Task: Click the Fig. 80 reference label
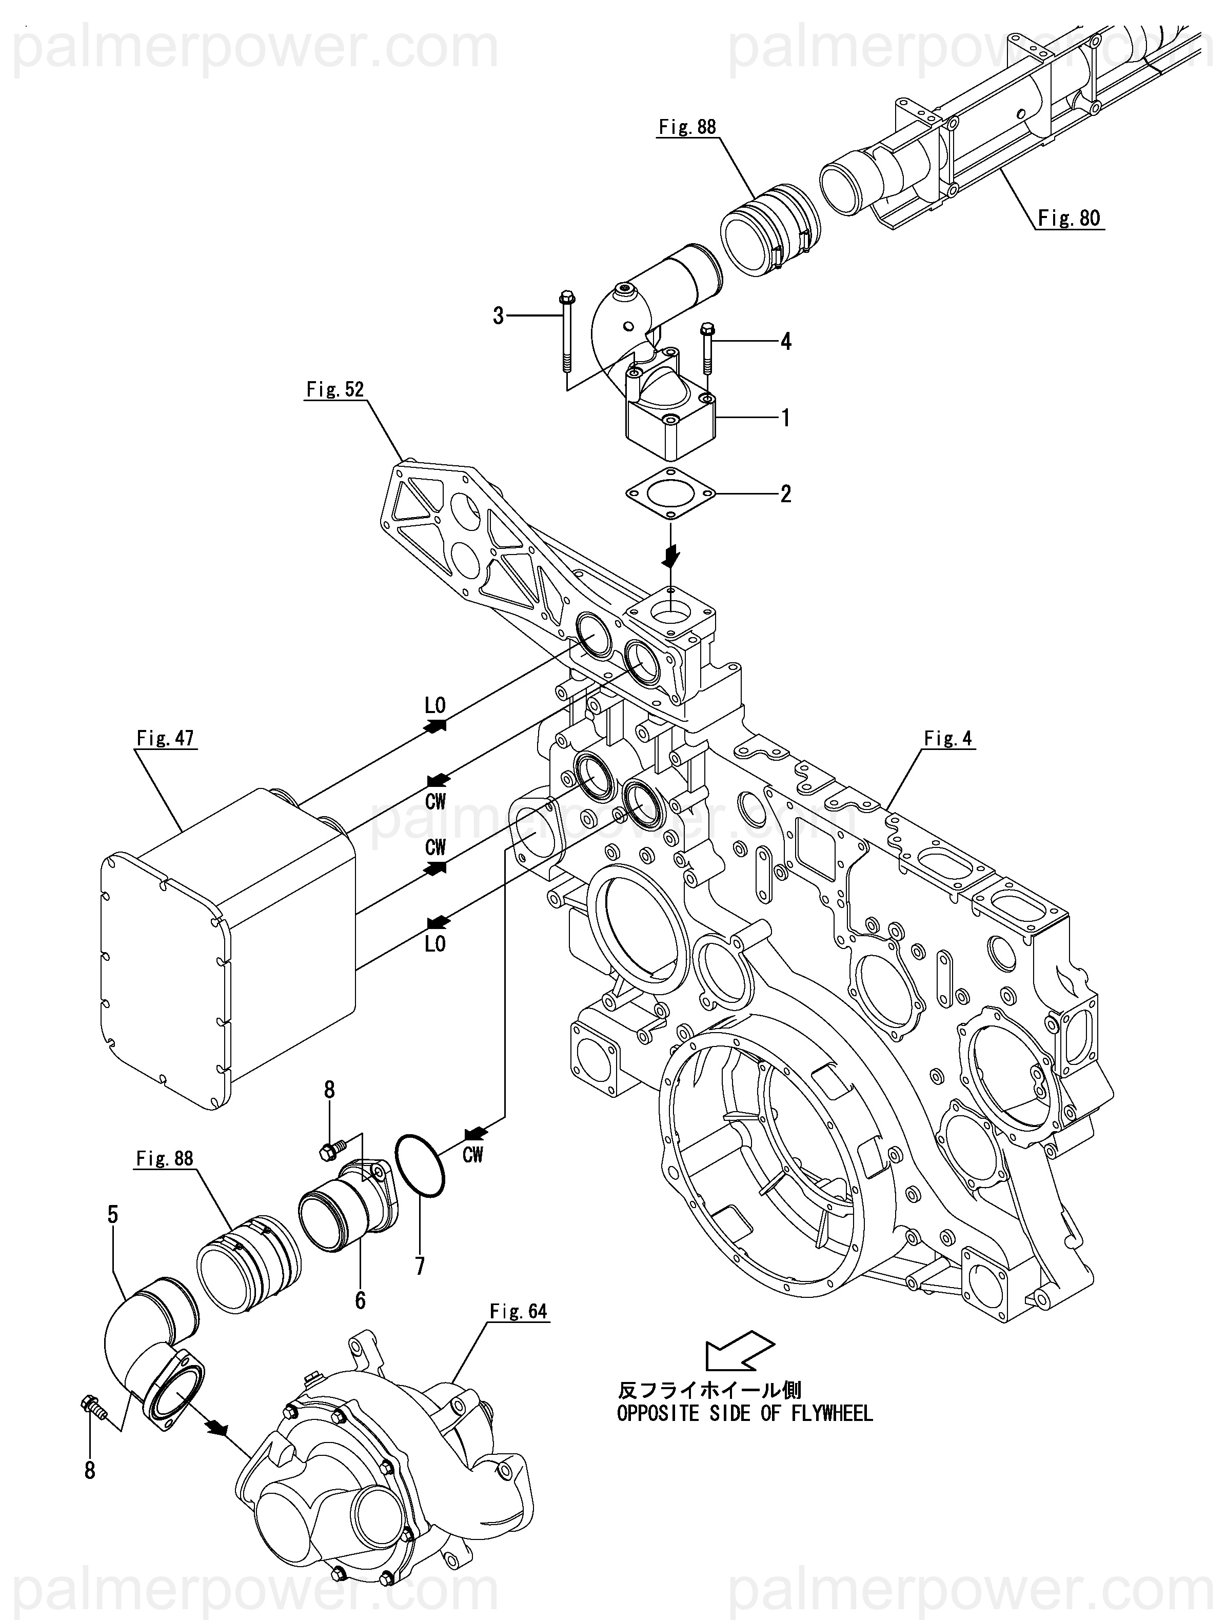pos(1069,218)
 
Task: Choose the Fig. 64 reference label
pos(519,1311)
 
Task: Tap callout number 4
pos(786,341)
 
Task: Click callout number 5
pos(113,1214)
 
